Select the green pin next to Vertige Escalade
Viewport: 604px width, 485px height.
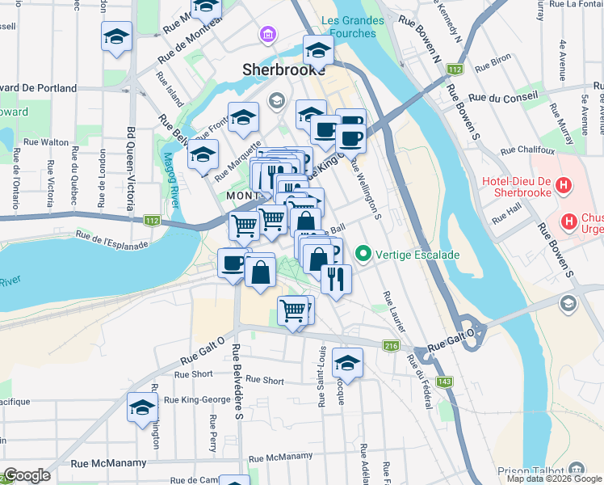363,255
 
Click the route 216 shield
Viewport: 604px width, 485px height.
392,346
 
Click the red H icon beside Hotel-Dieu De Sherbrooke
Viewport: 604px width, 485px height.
564,186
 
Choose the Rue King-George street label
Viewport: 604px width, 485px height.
197,399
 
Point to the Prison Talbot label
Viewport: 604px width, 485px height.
531,470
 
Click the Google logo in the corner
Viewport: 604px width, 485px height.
26,475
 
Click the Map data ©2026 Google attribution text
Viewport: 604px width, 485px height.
554,479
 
